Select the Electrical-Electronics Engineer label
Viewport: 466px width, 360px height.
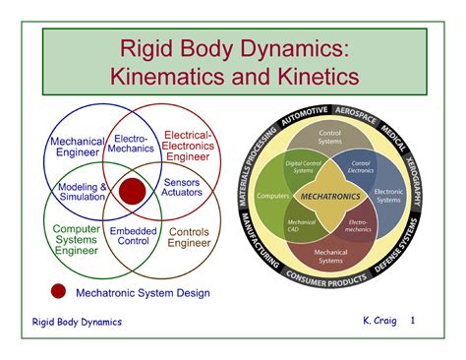pos(190,146)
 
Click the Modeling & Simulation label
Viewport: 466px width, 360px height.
pos(83,191)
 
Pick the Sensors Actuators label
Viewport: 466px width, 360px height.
pos(182,187)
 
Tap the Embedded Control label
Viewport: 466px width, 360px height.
pos(134,234)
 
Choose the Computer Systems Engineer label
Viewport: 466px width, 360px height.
pos(76,239)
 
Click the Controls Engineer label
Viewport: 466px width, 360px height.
pos(188,238)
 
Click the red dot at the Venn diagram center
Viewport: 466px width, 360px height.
pos(133,189)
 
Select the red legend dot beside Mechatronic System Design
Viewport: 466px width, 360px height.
pos(59,292)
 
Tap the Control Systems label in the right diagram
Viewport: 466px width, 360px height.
pos(331,139)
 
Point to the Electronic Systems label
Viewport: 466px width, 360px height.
pos(388,196)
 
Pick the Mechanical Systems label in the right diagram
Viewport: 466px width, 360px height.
pos(330,257)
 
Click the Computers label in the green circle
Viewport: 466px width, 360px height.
pos(272,196)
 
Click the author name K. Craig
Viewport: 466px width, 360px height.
pos(379,322)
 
